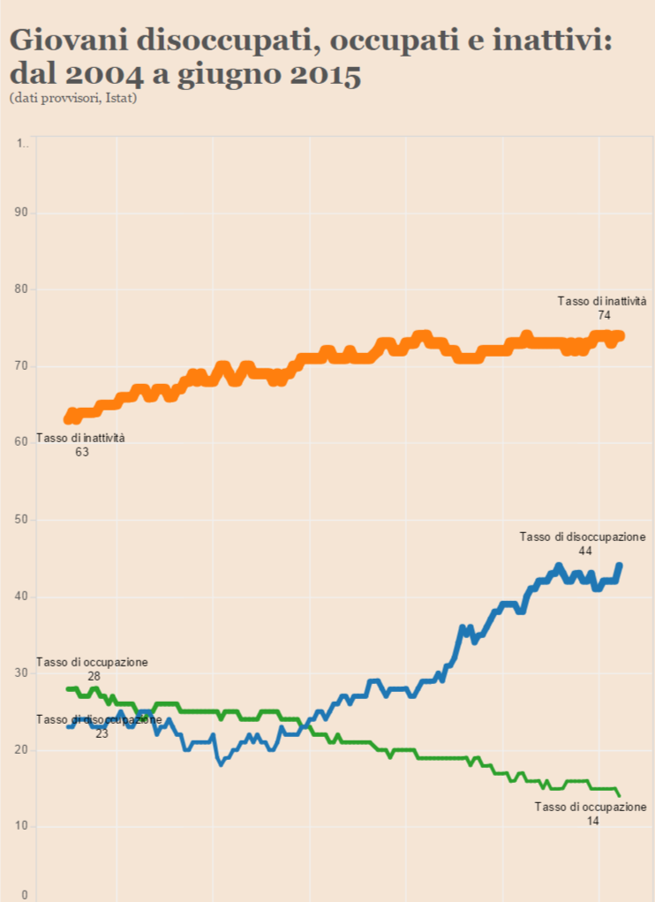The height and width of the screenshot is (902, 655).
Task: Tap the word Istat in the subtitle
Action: [119, 98]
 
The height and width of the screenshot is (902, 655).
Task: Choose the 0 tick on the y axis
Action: [25, 895]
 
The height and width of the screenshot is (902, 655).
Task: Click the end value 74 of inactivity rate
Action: [605, 314]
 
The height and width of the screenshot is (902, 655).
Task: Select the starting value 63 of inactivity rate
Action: [82, 451]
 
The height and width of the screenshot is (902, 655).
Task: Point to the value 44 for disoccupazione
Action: [584, 551]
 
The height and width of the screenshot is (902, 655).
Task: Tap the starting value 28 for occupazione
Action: [94, 676]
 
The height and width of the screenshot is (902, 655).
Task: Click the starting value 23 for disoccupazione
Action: [102, 733]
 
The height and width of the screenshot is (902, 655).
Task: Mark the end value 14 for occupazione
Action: [592, 821]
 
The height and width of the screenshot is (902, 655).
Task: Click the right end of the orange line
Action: [621, 335]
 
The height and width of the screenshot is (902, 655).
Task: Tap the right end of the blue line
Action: [620, 565]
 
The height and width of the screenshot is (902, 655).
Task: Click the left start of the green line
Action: [68, 688]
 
